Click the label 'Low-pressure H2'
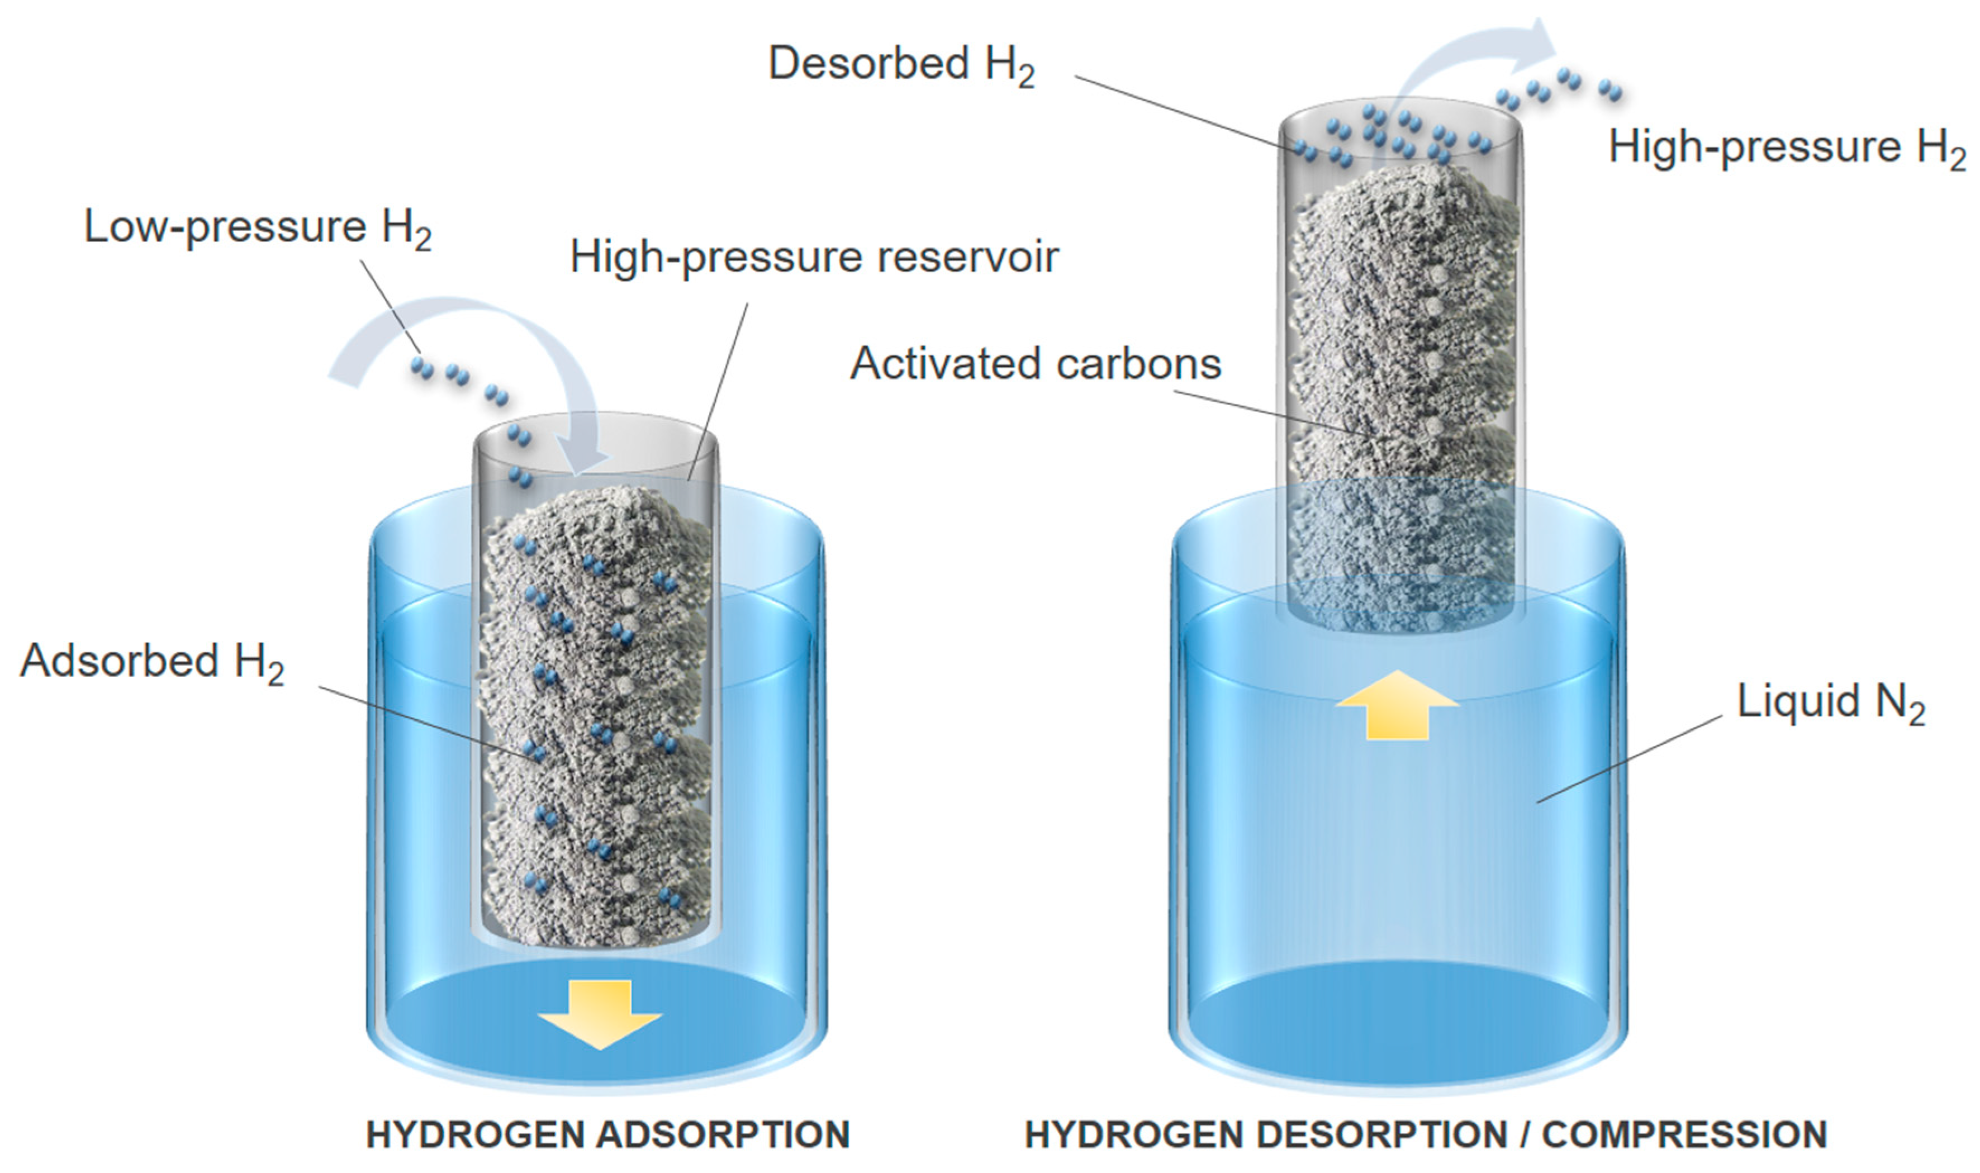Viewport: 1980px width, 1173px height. tap(258, 227)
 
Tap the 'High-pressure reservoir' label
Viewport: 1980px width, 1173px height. tap(814, 258)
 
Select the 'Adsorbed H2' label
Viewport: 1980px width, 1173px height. tap(152, 662)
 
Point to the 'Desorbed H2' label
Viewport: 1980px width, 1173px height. tap(901, 64)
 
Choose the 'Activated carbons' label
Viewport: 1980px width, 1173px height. tap(1036, 364)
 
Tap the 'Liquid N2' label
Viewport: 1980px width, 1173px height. tap(1830, 702)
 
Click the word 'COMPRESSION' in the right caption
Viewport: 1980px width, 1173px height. tap(1684, 1135)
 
